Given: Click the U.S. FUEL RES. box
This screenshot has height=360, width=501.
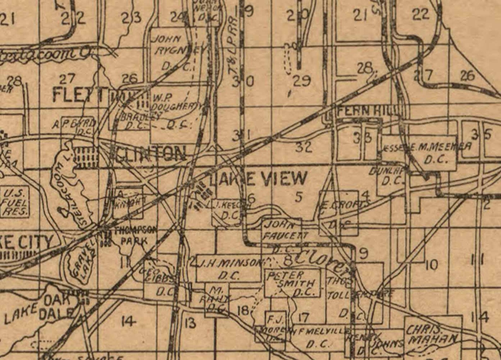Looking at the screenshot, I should tap(15, 202).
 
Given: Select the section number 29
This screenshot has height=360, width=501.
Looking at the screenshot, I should tap(301, 81).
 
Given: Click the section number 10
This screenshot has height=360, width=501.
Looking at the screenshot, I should tap(431, 265).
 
